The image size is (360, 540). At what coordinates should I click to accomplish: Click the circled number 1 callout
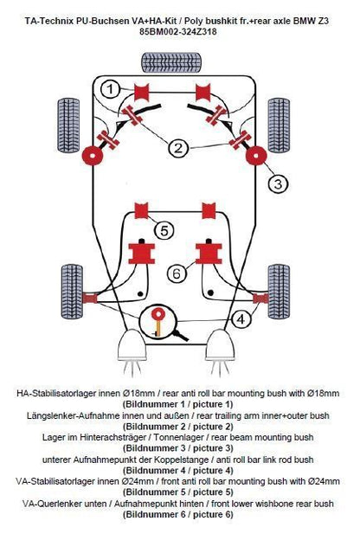[x=110, y=89]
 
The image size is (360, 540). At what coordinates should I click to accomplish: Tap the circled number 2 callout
[x=178, y=149]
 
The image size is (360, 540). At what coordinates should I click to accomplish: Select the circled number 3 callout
[x=278, y=183]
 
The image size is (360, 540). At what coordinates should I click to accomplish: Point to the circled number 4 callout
[x=241, y=319]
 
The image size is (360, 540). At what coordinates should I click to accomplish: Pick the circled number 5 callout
[x=164, y=230]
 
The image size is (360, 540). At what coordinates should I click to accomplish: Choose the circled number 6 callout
[x=177, y=273]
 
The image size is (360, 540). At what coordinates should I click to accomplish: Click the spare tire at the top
[x=171, y=62]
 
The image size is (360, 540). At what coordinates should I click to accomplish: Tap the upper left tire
[x=68, y=125]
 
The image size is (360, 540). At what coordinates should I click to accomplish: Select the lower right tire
[x=279, y=292]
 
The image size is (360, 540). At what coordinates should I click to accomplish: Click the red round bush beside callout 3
[x=256, y=156]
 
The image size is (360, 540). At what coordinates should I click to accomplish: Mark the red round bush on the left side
[x=93, y=156]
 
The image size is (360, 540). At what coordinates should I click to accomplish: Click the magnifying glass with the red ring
[x=161, y=322]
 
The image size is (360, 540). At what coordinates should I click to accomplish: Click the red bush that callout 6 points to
[x=209, y=253]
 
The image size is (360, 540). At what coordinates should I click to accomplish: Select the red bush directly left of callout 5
[x=141, y=211]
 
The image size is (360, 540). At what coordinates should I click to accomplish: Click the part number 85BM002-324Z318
[x=177, y=32]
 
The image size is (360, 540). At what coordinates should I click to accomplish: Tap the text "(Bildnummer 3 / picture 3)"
[x=177, y=448]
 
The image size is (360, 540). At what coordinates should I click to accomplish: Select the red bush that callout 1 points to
[x=141, y=93]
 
